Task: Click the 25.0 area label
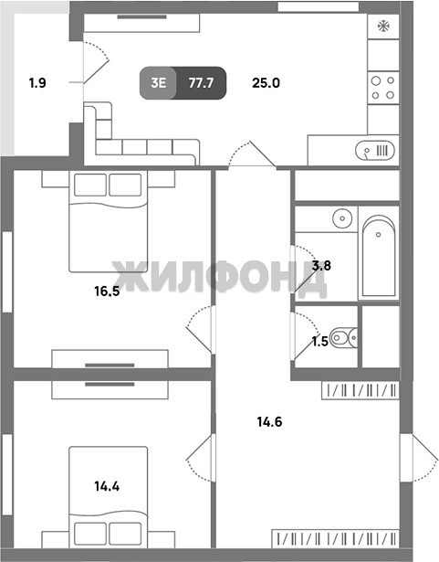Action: [x=267, y=83]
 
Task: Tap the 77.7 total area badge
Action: [x=201, y=83]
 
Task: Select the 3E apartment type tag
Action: [x=158, y=83]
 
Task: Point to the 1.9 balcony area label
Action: [x=37, y=83]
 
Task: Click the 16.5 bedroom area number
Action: [x=107, y=291]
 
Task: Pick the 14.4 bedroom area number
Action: [x=107, y=486]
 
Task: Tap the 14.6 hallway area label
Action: [x=269, y=422]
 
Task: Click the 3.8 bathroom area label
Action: [x=321, y=266]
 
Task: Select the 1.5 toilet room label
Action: [x=320, y=342]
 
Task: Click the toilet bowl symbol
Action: [x=343, y=337]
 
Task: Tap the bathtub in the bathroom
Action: [x=379, y=256]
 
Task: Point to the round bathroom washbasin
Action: [x=342, y=218]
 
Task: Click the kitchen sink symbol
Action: [x=375, y=150]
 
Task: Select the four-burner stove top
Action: [x=383, y=88]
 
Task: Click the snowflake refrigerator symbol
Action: [x=383, y=27]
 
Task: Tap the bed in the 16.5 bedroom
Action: [x=108, y=221]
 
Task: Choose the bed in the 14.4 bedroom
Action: [x=108, y=497]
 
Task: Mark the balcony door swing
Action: [x=96, y=62]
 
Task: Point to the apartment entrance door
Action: [x=420, y=458]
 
